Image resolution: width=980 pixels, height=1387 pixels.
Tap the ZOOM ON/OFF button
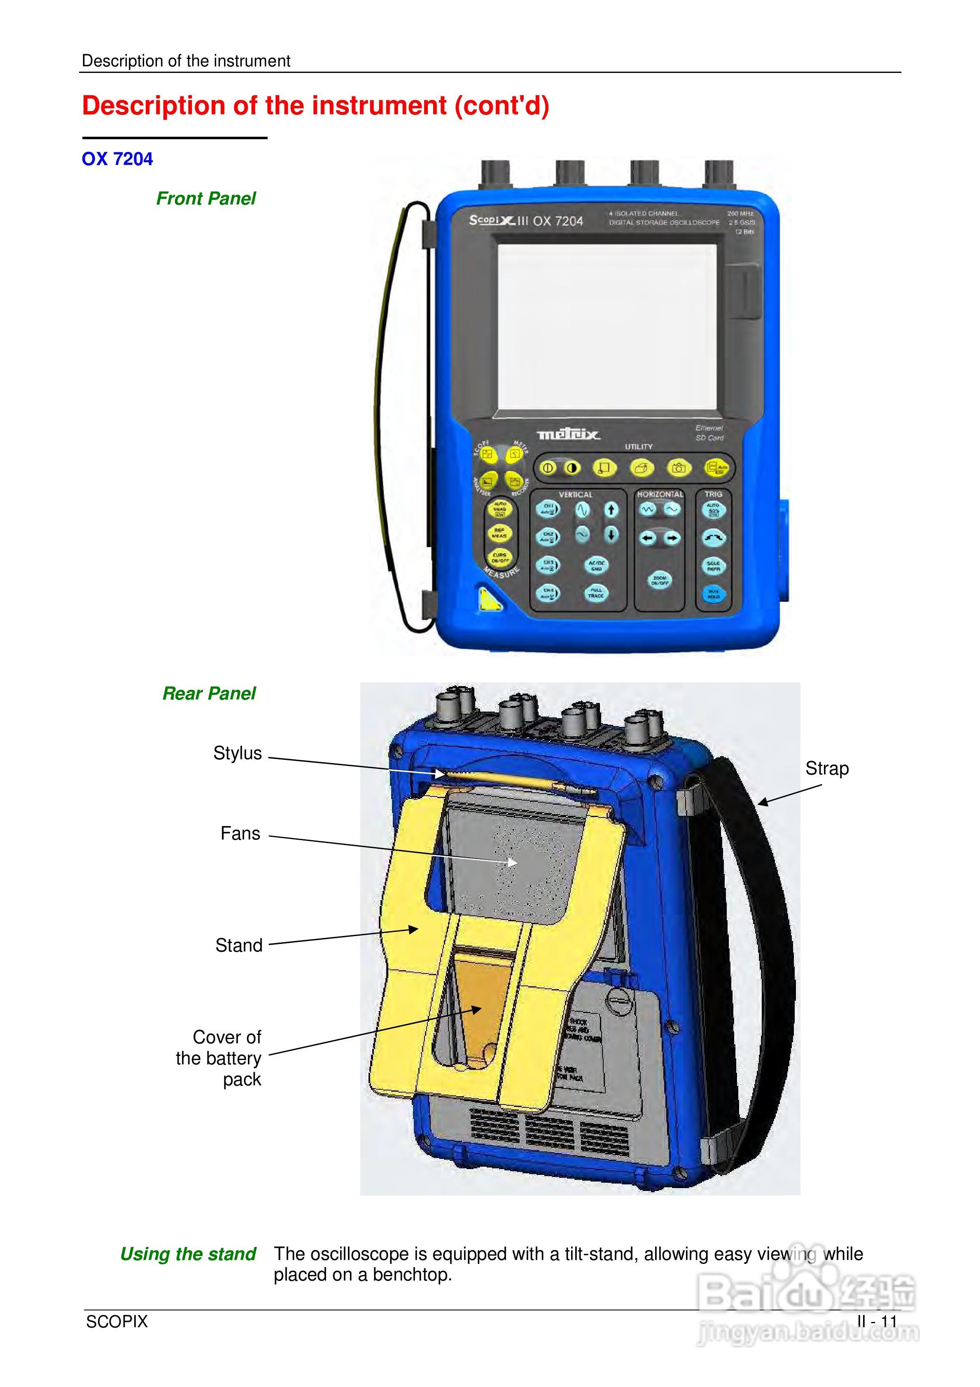tap(659, 581)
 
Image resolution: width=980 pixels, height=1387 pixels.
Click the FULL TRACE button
tap(596, 593)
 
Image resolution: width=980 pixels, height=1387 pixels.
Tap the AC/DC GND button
tap(596, 565)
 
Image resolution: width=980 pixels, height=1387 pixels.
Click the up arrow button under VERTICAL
tap(611, 510)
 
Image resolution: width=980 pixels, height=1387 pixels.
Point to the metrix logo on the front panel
tap(569, 434)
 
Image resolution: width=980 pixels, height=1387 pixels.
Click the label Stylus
tap(238, 753)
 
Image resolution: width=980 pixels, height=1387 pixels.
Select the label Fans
tap(240, 834)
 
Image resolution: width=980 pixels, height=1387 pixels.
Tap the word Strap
tap(826, 768)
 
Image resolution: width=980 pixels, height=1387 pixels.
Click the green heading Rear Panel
tap(209, 693)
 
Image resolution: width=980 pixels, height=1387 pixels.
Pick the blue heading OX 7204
tap(117, 159)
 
